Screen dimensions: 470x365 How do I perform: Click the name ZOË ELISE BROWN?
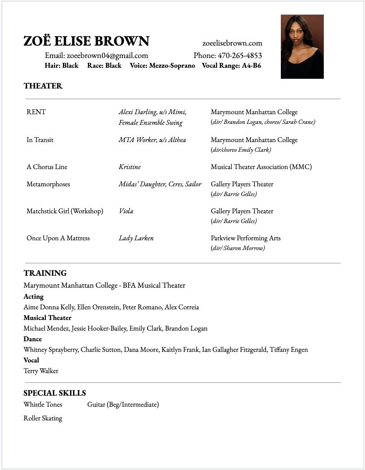coord(86,41)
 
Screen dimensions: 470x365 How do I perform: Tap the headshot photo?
coord(302,46)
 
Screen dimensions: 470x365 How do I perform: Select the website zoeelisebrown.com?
coord(232,43)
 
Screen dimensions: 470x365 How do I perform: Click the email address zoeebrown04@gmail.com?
coord(107,56)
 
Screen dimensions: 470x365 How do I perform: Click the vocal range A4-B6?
coord(251,65)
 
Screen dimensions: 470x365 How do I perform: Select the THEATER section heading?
coord(43,86)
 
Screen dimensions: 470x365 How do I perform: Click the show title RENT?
coord(36,112)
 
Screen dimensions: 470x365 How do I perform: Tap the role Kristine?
coord(130,167)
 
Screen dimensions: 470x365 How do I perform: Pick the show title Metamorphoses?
coord(48,184)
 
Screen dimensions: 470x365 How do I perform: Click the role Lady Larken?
coord(136,238)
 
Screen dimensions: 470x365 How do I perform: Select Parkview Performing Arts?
coord(245,238)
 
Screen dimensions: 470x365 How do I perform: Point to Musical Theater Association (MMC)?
coord(261,167)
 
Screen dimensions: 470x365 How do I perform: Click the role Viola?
coord(126,211)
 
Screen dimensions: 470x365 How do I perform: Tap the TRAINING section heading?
coord(45,273)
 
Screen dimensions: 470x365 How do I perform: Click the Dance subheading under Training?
coord(33,339)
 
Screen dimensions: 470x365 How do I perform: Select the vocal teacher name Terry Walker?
coord(41,371)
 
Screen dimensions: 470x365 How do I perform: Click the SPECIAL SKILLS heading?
coord(54,393)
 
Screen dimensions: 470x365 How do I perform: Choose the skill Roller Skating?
coord(43,418)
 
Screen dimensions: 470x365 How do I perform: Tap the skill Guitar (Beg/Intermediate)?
coord(123,405)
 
